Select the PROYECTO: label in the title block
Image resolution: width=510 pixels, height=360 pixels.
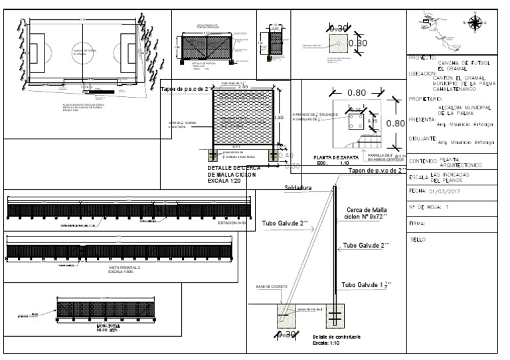422,58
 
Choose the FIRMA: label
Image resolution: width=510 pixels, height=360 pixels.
418,224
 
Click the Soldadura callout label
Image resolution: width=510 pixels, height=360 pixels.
298,188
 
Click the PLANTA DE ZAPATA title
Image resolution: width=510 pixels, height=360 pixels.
336,157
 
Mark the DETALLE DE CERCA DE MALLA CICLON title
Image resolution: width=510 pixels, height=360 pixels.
234,174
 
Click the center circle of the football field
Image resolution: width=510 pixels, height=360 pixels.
83,50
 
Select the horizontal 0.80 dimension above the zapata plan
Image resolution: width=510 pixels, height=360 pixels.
357,93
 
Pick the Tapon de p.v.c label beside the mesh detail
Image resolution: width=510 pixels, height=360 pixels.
185,89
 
